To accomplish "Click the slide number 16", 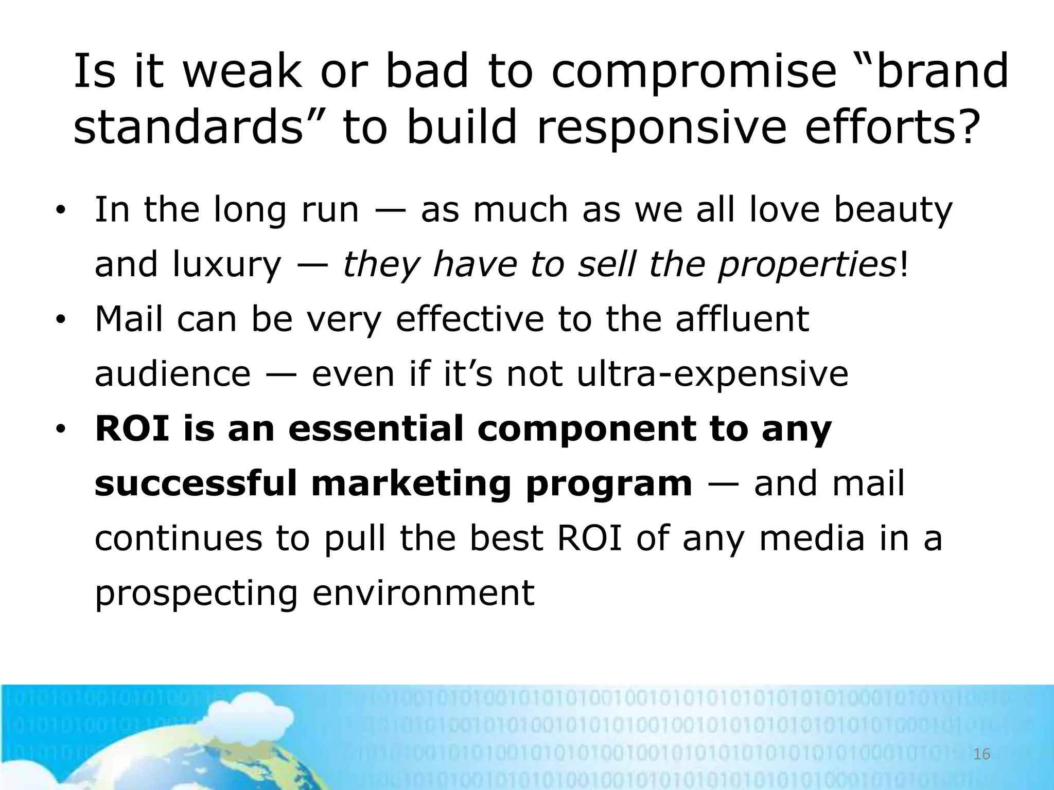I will click(982, 755).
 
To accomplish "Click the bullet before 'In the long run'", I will click(61, 210).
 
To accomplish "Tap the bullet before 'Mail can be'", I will click(61, 320).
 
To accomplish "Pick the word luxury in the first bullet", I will click(227, 265).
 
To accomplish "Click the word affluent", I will click(742, 319).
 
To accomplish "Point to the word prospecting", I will click(196, 594).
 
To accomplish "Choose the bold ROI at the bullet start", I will click(132, 429).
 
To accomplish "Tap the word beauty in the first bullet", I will click(893, 210).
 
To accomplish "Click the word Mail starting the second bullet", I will click(130, 319).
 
